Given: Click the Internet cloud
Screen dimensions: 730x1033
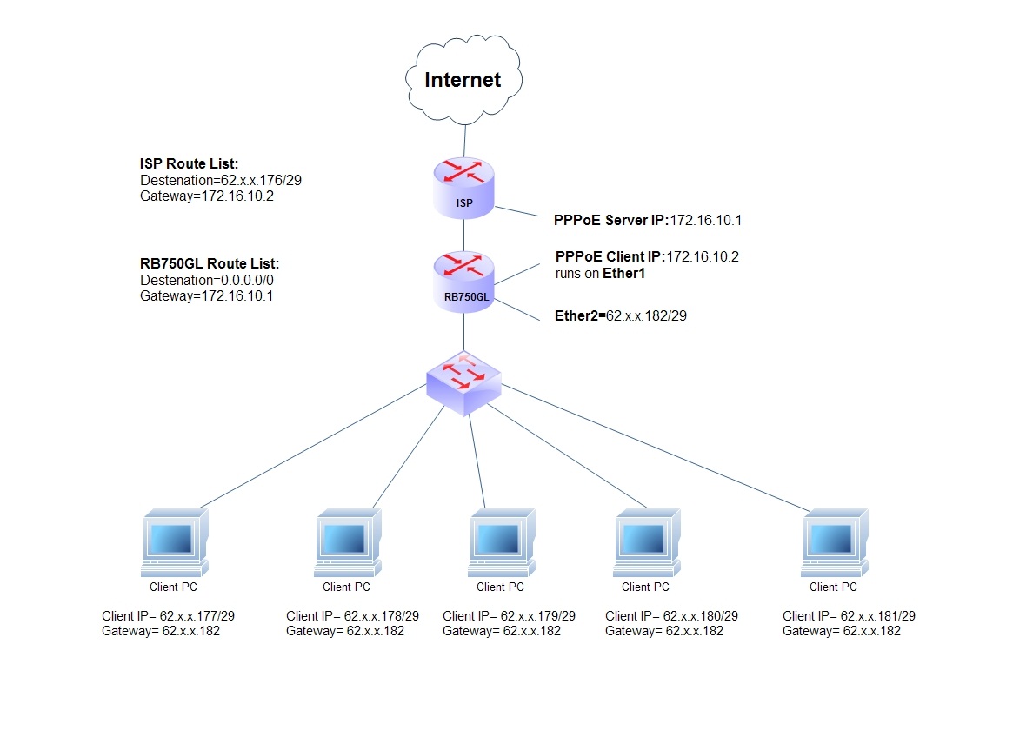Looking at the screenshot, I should pos(463,80).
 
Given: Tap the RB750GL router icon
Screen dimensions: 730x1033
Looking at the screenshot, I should pos(464,280).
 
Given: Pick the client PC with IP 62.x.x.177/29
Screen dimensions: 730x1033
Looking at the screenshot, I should pos(174,542).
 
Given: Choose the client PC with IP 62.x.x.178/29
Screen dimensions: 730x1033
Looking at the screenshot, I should pos(347,542).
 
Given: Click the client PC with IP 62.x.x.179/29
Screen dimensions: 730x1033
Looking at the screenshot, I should pos(502,542).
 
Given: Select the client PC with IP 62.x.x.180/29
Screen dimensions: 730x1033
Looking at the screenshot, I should pos(648,542).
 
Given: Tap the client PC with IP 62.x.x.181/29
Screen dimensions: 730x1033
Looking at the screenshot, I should pos(835,542).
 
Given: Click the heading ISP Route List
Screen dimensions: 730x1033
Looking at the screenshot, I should pos(188,163).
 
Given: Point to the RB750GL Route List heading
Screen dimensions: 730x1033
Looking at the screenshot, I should pos(209,264).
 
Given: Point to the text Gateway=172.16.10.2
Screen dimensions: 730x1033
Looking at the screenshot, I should pos(201,196).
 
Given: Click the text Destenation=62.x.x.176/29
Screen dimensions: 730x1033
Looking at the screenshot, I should pos(222,180).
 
